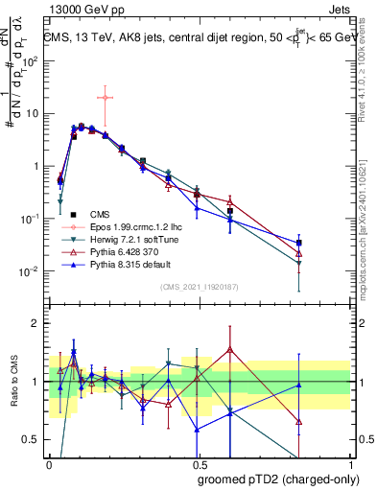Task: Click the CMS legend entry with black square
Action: [x=101, y=214]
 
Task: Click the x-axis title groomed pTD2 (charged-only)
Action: [x=277, y=479]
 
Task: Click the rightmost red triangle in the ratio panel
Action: [x=300, y=421]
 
